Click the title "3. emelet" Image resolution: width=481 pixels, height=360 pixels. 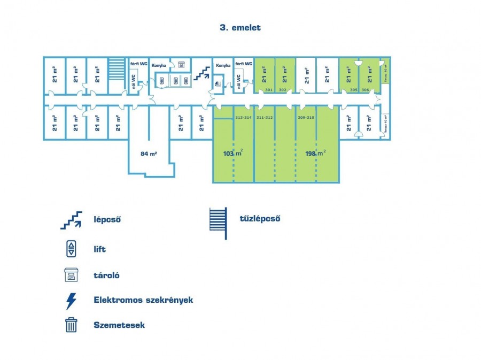tap(240, 27)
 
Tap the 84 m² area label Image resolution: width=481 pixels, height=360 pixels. tap(149, 154)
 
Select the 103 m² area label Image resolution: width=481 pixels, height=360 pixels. tap(233, 154)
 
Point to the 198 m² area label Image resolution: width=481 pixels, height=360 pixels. tap(315, 154)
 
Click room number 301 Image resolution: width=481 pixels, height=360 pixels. tap(269, 90)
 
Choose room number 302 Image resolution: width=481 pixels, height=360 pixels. tap(283, 90)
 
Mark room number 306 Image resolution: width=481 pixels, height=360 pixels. tap(366, 90)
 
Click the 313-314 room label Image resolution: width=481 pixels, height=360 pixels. tap(243, 117)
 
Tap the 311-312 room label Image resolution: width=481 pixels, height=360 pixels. tap(265, 117)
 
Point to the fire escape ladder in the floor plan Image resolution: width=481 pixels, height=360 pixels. tap(116, 69)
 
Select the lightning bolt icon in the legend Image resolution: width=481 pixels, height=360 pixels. tap(71, 301)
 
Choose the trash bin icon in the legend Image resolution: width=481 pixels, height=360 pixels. tap(71, 325)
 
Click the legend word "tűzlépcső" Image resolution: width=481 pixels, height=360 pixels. tap(260, 218)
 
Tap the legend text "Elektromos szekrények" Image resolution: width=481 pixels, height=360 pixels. tap(143, 300)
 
